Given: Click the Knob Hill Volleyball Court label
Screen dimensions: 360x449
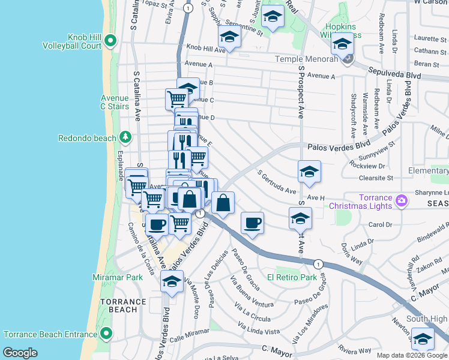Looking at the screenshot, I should (71, 41).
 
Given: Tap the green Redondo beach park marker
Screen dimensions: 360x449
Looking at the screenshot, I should (125, 137).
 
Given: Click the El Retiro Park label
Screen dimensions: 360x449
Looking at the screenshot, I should (292, 277).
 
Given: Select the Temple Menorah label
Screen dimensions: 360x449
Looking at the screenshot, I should (306, 59).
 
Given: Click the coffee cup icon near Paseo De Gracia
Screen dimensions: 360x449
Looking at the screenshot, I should (252, 223).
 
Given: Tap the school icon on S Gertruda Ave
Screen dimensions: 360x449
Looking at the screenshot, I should (309, 172).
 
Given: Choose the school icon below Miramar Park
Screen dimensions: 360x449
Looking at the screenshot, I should (172, 281).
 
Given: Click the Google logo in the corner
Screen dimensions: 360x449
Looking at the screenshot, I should (20, 353).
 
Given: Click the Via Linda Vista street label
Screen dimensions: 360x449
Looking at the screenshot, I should (259, 328).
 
